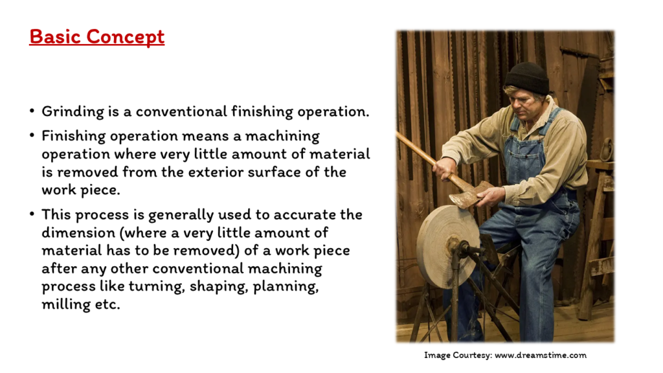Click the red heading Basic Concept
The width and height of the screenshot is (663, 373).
(97, 37)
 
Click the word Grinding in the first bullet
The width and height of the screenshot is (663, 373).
(73, 112)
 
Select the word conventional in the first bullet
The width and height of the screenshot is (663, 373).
(181, 111)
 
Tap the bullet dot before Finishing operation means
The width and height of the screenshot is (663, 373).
(32, 136)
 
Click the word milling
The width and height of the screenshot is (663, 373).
(65, 304)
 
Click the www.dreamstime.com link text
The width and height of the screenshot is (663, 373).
(541, 356)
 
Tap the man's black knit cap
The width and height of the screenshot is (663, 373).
(526, 78)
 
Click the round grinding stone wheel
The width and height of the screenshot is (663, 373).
(447, 247)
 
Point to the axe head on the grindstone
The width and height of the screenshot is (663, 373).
(469, 195)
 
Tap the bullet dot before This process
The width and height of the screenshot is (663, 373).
(32, 214)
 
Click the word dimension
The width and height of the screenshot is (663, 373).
(78, 232)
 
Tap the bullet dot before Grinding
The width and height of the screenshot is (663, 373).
(32, 111)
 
